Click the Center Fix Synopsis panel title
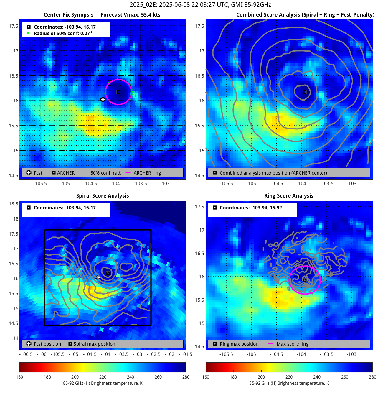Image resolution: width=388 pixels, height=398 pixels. click(68, 15)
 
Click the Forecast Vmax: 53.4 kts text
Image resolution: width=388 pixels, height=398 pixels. click(130, 15)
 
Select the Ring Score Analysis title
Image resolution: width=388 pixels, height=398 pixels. click(289, 196)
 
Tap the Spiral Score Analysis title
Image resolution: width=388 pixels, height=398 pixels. click(103, 196)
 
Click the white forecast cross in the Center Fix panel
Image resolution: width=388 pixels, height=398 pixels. click(103, 100)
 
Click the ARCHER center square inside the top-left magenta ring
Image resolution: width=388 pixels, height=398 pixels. click(118, 92)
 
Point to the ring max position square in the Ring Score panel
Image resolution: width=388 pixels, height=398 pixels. click(305, 280)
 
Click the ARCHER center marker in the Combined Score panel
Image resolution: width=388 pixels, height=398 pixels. click(305, 92)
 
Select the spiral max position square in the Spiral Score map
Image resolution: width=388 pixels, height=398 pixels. click(108, 273)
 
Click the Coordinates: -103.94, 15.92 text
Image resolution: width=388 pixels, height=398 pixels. click(251, 208)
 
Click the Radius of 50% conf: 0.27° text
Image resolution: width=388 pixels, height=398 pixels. click(63, 33)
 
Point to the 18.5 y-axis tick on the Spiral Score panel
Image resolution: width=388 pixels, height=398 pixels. click(14, 204)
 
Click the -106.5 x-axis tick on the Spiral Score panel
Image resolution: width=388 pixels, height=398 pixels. click(26, 354)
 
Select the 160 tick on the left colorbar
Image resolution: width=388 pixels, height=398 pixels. click(20, 377)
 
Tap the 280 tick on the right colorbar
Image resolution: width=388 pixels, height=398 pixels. click(372, 377)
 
